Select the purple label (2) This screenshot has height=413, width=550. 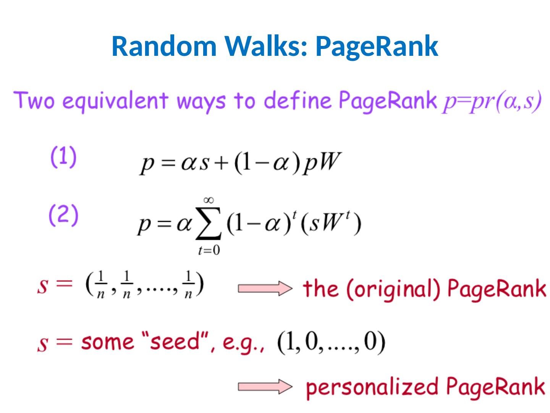coord(64,215)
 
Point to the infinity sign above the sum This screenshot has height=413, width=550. coord(209,200)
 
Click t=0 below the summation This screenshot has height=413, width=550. coord(209,251)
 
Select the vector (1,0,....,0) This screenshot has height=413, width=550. coord(331,343)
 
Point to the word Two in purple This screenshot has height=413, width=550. coord(36,101)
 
